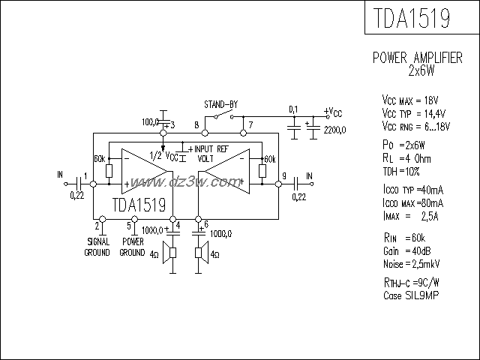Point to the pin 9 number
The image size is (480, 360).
coord(283,176)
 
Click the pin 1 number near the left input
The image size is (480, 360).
coord(86,176)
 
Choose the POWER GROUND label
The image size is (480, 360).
coord(133,247)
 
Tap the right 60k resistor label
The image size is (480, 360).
coord(270,159)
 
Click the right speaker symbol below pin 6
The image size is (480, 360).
coord(201,253)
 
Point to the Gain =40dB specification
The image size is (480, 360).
coord(406,250)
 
